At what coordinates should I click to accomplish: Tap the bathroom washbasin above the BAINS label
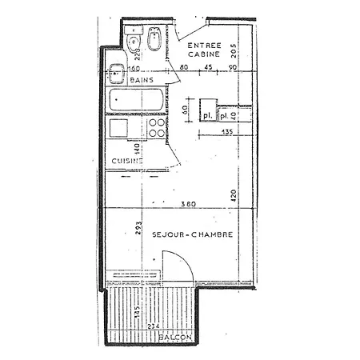(116, 71)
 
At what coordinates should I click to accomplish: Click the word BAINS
(142, 81)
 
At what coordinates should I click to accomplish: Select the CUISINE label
(126, 161)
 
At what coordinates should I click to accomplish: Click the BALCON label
(174, 338)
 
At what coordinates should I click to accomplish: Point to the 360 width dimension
(187, 205)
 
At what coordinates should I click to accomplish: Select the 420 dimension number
(233, 194)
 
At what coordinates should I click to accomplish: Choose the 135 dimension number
(226, 131)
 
